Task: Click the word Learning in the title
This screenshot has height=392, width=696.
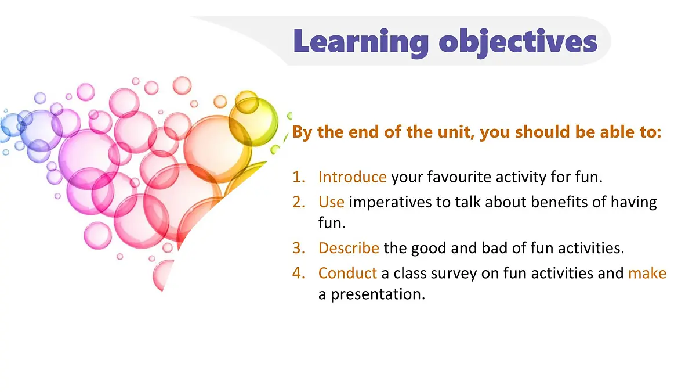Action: click(x=361, y=42)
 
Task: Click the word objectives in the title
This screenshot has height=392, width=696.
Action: click(x=518, y=42)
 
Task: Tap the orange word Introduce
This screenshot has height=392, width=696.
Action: click(x=353, y=177)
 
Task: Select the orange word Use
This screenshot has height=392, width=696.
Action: click(x=331, y=202)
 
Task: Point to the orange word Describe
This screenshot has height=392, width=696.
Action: click(x=349, y=248)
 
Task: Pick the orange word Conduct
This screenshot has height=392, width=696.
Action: click(x=347, y=273)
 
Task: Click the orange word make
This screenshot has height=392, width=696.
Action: click(x=647, y=273)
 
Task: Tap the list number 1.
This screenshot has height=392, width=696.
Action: click(x=299, y=177)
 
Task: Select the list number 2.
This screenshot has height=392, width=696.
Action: click(x=299, y=202)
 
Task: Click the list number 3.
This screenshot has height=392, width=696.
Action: click(x=299, y=248)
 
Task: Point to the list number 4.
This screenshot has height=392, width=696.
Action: click(x=299, y=273)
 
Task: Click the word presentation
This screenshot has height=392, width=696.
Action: click(x=378, y=294)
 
